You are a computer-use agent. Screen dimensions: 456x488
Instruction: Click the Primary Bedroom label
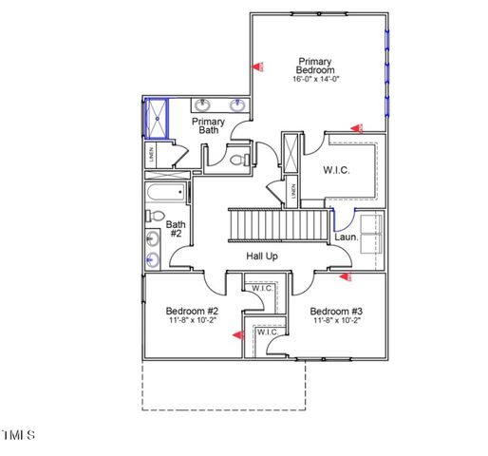click(315, 66)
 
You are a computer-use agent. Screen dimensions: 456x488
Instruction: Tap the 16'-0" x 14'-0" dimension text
click(315, 80)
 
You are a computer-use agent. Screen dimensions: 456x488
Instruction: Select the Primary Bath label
click(209, 126)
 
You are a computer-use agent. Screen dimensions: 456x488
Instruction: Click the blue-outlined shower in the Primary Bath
click(154, 119)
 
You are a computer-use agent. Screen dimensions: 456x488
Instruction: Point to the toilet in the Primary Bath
click(237, 161)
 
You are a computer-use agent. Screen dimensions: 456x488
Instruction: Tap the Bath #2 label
click(176, 228)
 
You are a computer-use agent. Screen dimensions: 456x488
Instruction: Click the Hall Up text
click(262, 256)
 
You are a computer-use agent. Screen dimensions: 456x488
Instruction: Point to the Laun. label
click(346, 237)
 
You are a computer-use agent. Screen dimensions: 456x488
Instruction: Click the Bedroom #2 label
click(193, 312)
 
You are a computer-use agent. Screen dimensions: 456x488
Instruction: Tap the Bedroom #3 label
click(336, 312)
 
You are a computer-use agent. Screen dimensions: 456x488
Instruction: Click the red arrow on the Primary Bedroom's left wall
click(257, 67)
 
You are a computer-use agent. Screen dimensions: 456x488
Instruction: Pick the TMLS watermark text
click(18, 435)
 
